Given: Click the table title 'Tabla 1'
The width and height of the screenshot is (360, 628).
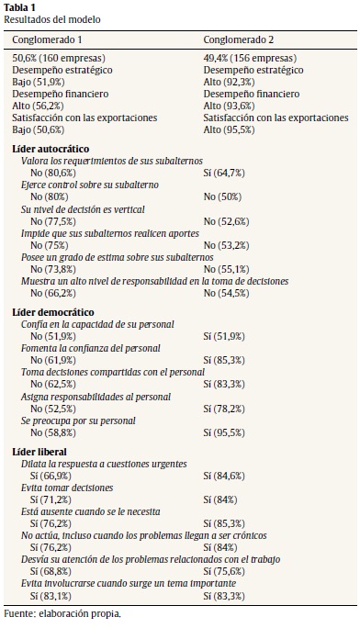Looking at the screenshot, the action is tap(23, 7).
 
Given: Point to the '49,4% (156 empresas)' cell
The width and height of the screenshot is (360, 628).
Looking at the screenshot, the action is tap(247, 57).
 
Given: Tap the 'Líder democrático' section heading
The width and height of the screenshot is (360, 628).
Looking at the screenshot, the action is tap(50, 312).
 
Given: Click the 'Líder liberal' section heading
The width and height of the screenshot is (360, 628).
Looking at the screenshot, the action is tap(39, 452).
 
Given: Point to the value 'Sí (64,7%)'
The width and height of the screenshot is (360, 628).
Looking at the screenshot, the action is tap(234, 172).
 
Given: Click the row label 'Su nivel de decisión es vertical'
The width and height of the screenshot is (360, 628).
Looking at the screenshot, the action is tap(88, 208).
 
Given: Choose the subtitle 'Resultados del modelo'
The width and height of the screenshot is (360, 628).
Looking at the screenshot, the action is tap(51, 19).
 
